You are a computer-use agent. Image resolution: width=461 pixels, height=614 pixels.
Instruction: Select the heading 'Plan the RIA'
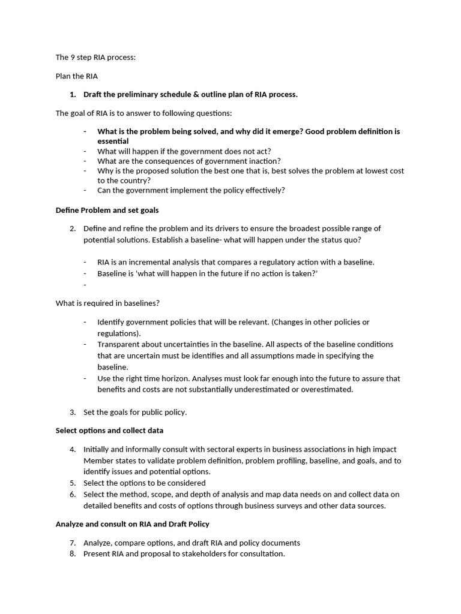click(x=76, y=76)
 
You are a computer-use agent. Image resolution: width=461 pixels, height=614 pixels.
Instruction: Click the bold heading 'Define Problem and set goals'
click(x=107, y=210)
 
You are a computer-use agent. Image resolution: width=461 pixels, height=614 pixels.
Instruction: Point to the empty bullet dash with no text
click(x=85, y=285)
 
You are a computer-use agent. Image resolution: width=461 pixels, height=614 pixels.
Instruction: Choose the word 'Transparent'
click(x=118, y=344)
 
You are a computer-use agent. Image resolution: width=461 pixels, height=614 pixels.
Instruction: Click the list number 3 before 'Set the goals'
click(x=72, y=412)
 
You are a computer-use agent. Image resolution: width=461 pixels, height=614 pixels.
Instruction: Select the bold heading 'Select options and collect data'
click(x=109, y=431)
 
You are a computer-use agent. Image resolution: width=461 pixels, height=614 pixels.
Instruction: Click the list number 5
click(x=72, y=483)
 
